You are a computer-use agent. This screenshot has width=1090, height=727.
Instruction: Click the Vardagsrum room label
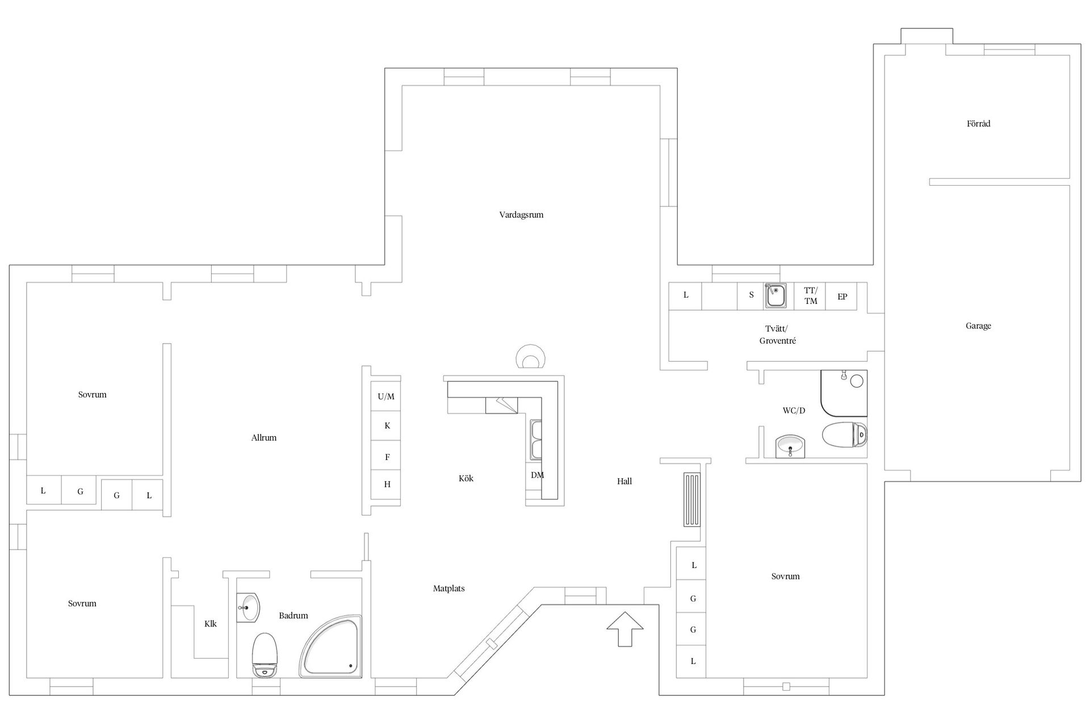[x=521, y=215]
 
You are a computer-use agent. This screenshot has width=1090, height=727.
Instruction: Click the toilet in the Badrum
[x=265, y=654]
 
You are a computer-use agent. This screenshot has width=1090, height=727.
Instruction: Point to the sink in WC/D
[x=790, y=446]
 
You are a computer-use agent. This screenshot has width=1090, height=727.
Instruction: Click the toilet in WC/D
[x=844, y=435]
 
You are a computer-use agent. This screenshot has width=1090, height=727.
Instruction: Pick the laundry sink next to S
[x=775, y=296]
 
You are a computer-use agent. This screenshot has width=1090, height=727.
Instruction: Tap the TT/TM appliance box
[x=810, y=296]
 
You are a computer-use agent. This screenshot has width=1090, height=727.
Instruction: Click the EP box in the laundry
[x=842, y=296]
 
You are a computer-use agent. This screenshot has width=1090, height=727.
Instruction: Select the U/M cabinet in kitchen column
[x=386, y=396]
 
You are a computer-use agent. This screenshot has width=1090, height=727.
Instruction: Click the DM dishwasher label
[x=537, y=475]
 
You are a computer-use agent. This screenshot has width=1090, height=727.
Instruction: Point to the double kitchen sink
[x=536, y=440]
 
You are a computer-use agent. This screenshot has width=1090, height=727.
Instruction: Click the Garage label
[x=978, y=326]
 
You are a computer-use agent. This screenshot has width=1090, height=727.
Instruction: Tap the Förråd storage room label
[x=978, y=124]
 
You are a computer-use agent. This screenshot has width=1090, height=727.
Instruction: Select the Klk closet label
[x=211, y=624]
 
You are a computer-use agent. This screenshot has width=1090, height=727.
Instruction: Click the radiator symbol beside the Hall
[x=691, y=500]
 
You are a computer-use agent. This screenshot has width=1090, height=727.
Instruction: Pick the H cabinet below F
[x=387, y=484]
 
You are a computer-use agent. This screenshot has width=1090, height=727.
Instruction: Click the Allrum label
[x=263, y=438]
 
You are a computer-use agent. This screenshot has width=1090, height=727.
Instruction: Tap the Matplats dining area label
[x=448, y=588]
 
